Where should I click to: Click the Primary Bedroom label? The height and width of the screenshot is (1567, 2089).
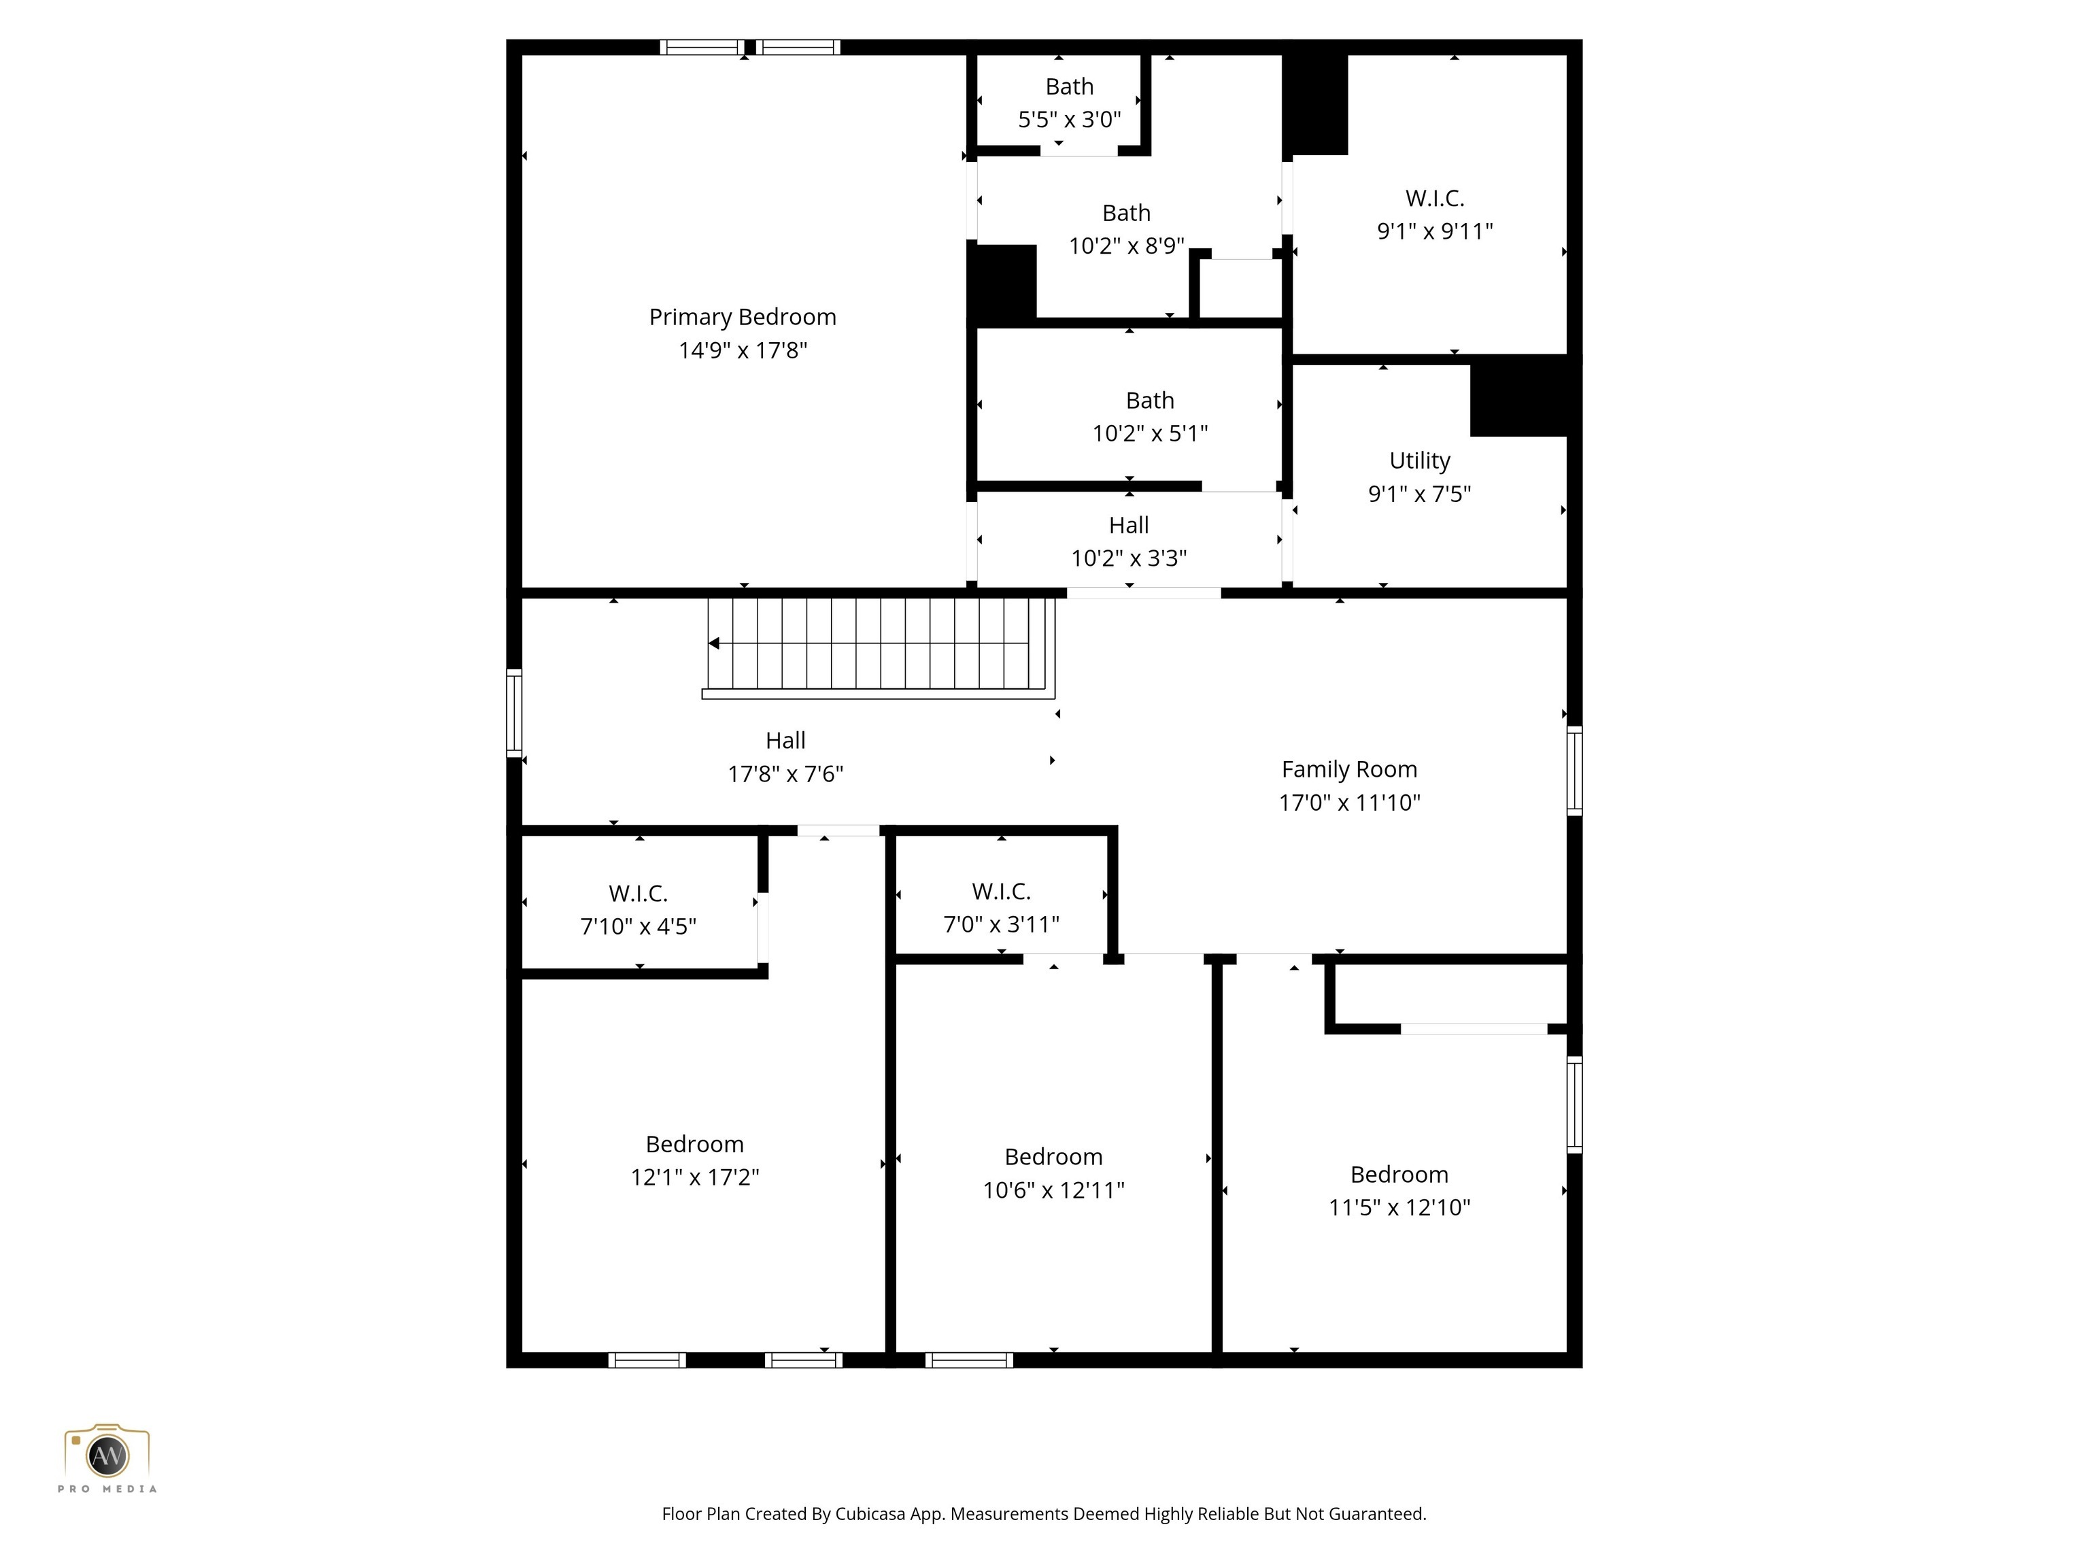coord(743,318)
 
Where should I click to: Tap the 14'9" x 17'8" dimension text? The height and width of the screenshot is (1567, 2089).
coord(743,350)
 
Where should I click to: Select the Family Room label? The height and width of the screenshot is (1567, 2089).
coord(1348,770)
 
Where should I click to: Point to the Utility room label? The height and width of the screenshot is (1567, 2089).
coord(1419,461)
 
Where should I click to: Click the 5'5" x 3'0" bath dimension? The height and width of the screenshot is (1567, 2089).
coord(1069,120)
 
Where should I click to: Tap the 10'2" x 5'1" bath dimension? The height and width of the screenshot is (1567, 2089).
coord(1149,433)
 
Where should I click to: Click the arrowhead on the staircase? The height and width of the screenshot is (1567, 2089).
coord(714,643)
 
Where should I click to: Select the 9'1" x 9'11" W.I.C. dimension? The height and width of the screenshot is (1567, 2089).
coord(1435,231)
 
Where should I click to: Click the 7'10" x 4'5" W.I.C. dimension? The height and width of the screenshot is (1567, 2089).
coord(639,926)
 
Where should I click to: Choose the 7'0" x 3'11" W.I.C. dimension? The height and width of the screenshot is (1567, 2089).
coord(1001,925)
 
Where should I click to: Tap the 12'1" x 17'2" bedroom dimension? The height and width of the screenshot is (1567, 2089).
coord(695,1177)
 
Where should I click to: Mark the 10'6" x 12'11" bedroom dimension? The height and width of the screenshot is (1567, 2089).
coord(1053,1190)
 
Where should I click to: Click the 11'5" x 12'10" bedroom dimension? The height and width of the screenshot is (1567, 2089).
coord(1399,1207)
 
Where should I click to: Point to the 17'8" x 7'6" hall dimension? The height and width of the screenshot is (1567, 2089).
coord(785,775)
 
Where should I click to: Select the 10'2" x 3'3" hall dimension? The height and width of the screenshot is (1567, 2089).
coord(1129,558)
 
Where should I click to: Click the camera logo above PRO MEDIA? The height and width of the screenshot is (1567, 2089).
coord(107,1452)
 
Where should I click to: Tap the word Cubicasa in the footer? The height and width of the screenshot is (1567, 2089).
coord(870,1514)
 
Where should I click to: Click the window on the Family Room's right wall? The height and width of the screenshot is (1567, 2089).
coord(1574,770)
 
